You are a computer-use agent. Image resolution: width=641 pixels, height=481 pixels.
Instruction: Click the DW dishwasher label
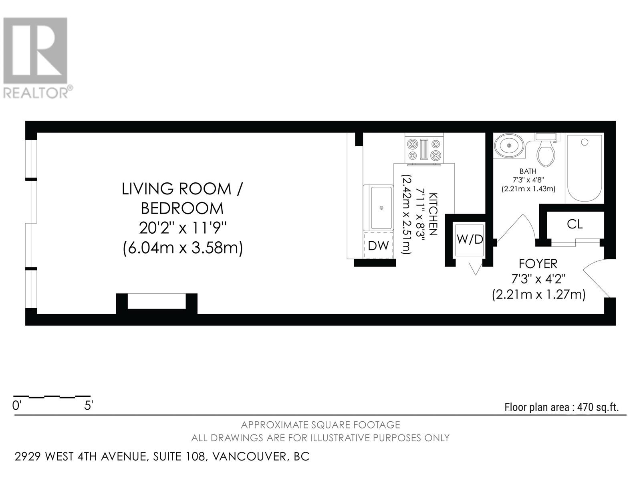378,245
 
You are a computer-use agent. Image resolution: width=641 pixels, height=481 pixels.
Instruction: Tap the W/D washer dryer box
470,240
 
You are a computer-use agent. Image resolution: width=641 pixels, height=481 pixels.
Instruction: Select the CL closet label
574,224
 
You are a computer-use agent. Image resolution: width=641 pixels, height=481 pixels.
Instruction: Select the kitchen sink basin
381,207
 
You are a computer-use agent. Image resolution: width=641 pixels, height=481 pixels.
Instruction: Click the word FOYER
538,264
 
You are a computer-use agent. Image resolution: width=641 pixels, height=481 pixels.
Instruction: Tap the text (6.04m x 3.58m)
183,248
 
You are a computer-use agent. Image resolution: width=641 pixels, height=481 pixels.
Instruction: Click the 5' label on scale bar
89,406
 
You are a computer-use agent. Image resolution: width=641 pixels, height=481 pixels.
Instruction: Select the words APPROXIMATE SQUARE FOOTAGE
320,425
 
